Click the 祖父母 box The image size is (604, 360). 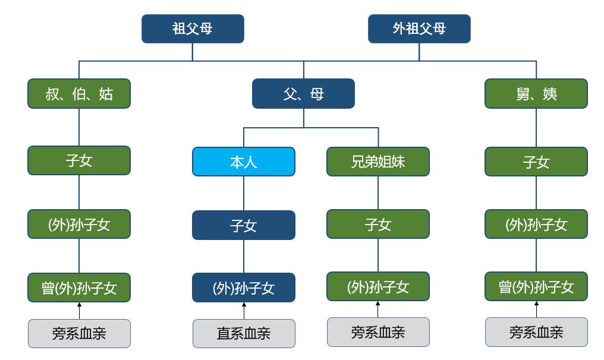[193, 29]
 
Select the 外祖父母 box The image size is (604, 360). [419, 29]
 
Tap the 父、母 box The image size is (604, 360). [303, 94]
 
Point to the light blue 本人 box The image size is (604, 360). [243, 162]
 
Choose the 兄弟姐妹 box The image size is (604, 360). [378, 162]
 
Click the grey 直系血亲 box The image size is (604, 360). [243, 333]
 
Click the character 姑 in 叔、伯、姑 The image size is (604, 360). [106, 94]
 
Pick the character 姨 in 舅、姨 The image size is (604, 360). [549, 94]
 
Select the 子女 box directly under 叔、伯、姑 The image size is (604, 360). [79, 160]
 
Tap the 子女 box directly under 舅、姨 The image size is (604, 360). [536, 162]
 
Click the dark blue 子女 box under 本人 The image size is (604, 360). [243, 225]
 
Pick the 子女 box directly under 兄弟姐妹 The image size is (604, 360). [378, 224]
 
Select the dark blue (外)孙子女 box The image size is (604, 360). [243, 288]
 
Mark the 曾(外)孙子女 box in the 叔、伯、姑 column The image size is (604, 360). [79, 288]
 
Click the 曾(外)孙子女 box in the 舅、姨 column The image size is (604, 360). [536, 288]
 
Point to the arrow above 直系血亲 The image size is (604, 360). [243, 310]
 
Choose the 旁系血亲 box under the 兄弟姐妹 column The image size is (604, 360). [378, 332]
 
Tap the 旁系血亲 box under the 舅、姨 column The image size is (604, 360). [536, 332]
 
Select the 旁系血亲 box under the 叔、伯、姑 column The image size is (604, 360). [79, 333]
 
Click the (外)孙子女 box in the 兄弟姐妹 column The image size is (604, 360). [378, 287]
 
